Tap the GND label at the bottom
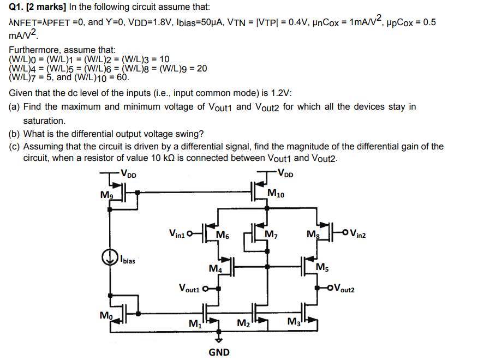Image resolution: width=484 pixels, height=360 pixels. coord(219,352)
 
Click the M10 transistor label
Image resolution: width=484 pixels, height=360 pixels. coord(276,193)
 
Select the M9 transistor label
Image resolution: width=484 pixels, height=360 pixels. coord(106,195)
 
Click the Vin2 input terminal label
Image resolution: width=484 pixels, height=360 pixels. coord(357,235)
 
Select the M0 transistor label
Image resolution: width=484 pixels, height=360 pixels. coord(106,315)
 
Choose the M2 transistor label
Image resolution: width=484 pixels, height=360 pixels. coord(243,324)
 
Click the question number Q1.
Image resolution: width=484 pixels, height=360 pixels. coord(16,8)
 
